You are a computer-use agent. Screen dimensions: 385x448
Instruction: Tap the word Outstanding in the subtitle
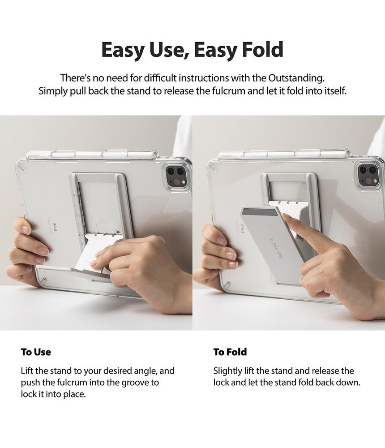click(296, 78)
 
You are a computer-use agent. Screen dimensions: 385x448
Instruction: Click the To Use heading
click(36, 352)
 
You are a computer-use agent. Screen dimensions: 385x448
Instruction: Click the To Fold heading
click(230, 352)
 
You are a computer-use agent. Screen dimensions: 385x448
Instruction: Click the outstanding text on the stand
click(276, 248)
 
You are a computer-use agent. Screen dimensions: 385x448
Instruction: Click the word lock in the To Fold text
click(221, 382)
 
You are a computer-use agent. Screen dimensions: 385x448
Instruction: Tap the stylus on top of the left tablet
click(92, 155)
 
